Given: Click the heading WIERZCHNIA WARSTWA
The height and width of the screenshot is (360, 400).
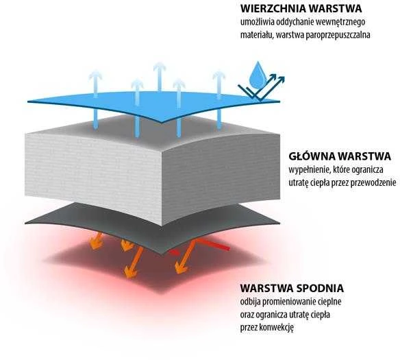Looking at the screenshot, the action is [x=301, y=8].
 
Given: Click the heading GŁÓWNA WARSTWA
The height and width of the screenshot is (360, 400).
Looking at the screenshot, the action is [x=340, y=156].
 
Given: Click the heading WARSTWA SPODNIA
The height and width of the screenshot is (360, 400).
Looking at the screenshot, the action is [x=292, y=288].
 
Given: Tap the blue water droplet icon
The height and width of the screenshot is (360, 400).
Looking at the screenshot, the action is [x=258, y=75].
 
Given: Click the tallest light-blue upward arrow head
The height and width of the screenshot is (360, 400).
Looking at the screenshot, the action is [x=160, y=67].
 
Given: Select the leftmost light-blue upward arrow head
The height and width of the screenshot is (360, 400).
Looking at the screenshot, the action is [x=95, y=75].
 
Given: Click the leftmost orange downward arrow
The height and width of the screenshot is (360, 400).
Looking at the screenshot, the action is [x=97, y=241].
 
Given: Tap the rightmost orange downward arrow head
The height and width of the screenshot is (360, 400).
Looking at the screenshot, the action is [x=182, y=268].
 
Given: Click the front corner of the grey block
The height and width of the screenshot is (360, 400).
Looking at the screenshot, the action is [x=162, y=226].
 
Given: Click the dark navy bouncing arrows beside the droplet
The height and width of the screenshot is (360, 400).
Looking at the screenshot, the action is [x=261, y=88].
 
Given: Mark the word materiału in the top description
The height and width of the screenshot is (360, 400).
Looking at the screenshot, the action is [x=257, y=35].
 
